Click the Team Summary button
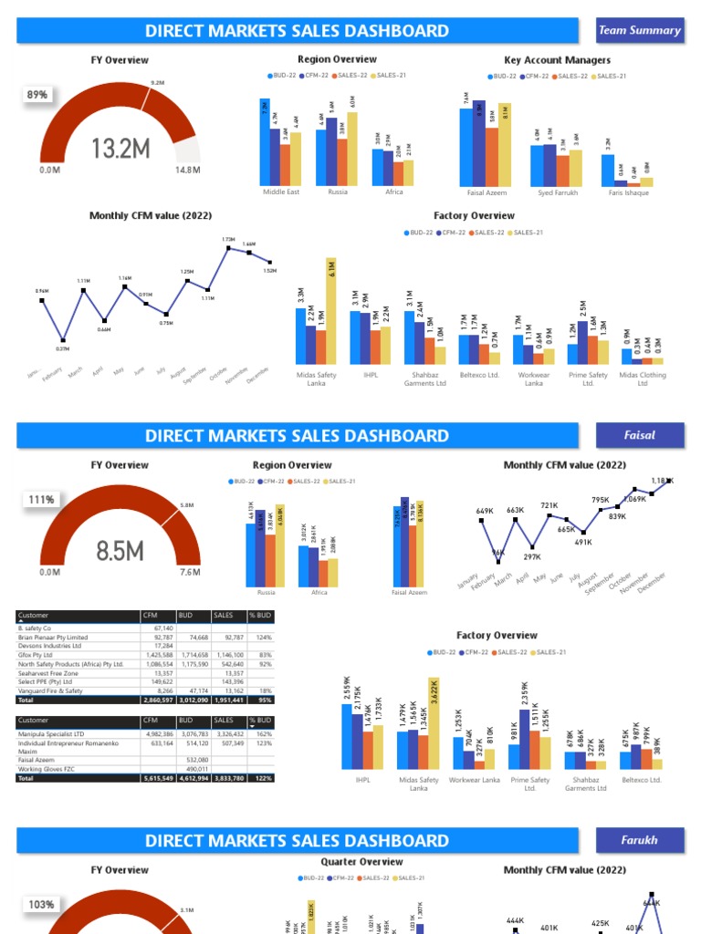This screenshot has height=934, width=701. pos(639,30)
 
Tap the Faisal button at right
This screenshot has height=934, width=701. pos(639,435)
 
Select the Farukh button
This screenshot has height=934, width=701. pos(639,840)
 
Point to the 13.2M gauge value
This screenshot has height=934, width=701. pos(120,149)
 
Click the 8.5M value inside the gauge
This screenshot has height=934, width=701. pos(120,551)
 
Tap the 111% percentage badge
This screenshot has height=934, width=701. pos(39,500)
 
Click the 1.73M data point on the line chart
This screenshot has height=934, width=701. pos(229,246)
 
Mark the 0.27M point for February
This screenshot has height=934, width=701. pos(63,340)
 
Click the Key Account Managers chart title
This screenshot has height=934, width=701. pos(557,60)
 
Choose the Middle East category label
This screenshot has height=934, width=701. pos(281,192)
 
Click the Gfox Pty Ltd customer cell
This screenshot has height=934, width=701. pos(37,655)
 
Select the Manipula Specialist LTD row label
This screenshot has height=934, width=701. pos(52,733)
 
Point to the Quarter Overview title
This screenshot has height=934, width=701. pos(361,862)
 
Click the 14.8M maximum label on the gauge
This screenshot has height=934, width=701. pos(188,170)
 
